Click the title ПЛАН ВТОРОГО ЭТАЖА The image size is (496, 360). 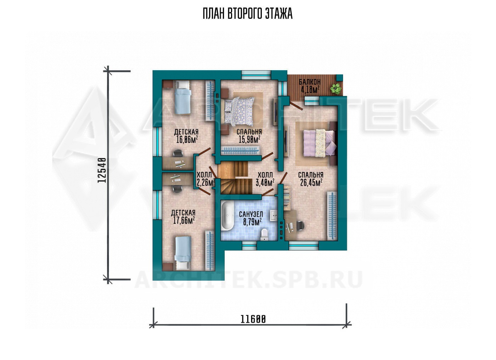[248, 14]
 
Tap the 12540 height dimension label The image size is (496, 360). [102, 170]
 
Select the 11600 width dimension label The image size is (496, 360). [253, 319]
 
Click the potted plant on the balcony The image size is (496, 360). [336, 89]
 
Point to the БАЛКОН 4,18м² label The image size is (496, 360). [310, 85]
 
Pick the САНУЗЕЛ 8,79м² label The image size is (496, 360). [251, 218]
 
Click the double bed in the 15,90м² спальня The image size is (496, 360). [239, 110]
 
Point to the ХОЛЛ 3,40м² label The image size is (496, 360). [265, 179]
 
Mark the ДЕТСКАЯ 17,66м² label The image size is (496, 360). [184, 217]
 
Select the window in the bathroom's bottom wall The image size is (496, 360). [249, 246]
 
